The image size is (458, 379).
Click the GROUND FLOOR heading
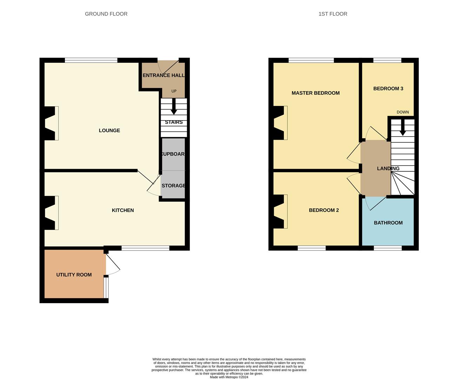[x=106, y=14]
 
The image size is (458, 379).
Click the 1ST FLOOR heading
[x=333, y=14]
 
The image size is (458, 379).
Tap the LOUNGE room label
[x=109, y=131]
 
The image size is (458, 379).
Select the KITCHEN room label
[x=122, y=210]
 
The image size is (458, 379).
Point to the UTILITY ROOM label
[x=74, y=275]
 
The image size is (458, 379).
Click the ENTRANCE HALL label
[x=163, y=75]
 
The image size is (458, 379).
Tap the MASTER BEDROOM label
[x=315, y=93]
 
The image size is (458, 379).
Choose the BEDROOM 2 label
[x=324, y=210]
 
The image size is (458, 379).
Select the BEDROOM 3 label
[x=388, y=89]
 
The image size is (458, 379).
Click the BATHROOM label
[x=388, y=223]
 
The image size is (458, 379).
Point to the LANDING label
[x=388, y=168]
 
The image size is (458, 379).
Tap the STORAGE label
[x=173, y=186]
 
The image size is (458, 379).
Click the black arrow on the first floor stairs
[x=403, y=128]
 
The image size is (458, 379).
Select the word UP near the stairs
[x=174, y=91]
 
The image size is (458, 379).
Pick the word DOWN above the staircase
[x=403, y=112]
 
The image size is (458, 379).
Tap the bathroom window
[x=387, y=248]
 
